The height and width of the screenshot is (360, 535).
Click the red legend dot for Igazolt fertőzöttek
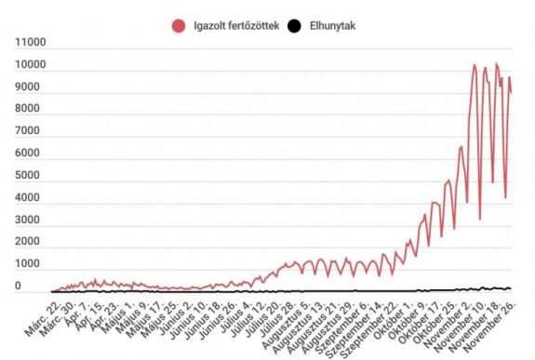178,25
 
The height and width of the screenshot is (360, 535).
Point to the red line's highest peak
496,64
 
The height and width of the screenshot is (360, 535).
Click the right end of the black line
512,288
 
